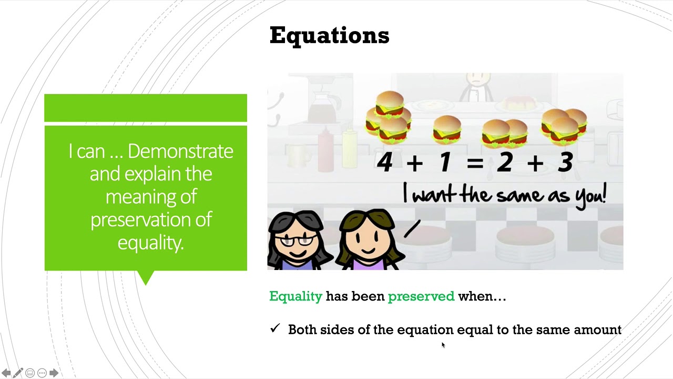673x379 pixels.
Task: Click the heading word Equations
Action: click(329, 36)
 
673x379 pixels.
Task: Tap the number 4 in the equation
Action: click(385, 162)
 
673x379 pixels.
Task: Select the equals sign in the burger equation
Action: click(474, 163)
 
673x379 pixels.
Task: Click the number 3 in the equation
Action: click(565, 162)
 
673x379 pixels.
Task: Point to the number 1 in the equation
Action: click(445, 162)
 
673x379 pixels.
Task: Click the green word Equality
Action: click(295, 296)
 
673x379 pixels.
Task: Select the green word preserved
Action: click(421, 296)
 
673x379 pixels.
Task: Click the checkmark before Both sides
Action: click(275, 328)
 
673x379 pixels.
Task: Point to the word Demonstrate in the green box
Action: click(180, 152)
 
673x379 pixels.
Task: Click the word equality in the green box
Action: click(150, 242)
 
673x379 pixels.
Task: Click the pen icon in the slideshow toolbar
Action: click(18, 373)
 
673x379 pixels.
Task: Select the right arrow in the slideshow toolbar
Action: click(54, 373)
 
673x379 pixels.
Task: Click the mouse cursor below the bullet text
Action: click(443, 344)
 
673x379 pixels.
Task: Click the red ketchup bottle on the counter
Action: click(326, 142)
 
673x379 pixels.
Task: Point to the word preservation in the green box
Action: click(150, 220)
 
